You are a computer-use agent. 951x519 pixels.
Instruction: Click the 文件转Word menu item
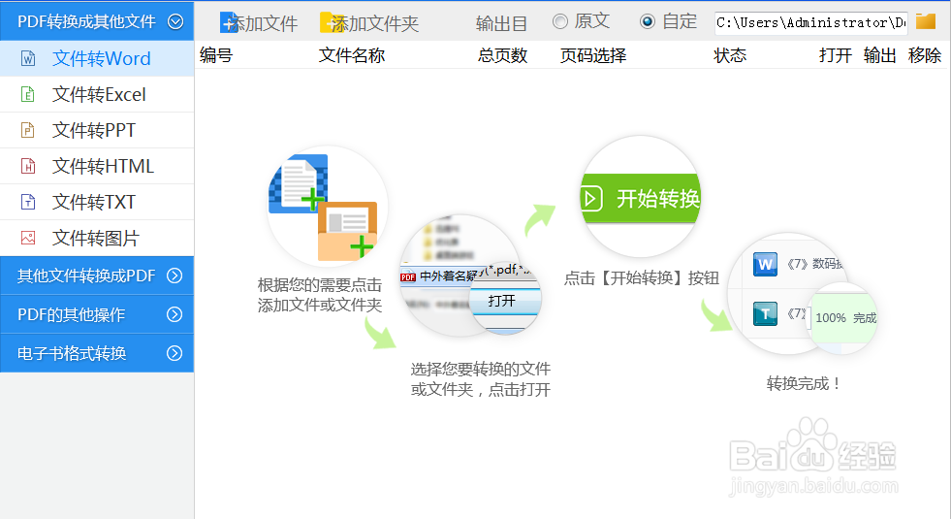[101, 59]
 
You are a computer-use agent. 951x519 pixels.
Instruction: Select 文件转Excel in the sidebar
[99, 95]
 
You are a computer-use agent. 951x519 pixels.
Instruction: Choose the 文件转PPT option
[94, 131]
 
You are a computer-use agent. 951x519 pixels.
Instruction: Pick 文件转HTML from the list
[103, 167]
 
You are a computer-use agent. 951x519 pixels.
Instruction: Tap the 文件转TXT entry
[94, 203]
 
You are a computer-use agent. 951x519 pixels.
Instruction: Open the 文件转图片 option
[95, 239]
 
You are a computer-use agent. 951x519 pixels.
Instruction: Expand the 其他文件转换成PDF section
[97, 276]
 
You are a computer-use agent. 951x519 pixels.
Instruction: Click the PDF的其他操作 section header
[97, 314]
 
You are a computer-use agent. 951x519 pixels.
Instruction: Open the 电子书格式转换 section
[97, 353]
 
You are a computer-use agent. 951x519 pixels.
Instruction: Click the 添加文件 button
[259, 23]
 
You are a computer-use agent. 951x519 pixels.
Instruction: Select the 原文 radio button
[560, 21]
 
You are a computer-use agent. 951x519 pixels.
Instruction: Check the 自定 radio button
[648, 21]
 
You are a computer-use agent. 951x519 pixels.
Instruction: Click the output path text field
[810, 22]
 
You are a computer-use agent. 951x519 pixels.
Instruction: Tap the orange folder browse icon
[926, 21]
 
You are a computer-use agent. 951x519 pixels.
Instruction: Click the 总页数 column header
[502, 56]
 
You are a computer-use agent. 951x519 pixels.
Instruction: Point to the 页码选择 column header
[593, 56]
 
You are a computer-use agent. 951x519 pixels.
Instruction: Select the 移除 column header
[925, 56]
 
